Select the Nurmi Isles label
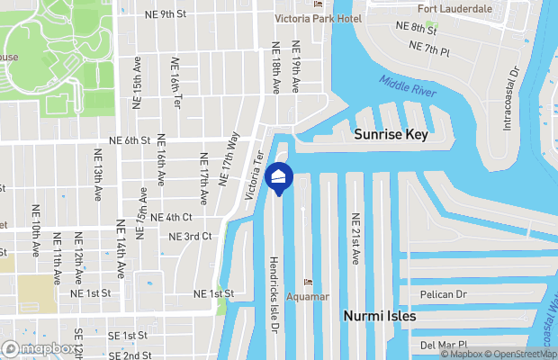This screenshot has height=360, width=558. click(x=381, y=317)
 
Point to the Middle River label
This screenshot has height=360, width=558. click(x=407, y=86)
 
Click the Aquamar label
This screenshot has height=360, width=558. click(x=309, y=296)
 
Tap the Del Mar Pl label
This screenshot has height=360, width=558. click(x=444, y=344)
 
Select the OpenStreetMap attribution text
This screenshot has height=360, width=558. click(x=518, y=354)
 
